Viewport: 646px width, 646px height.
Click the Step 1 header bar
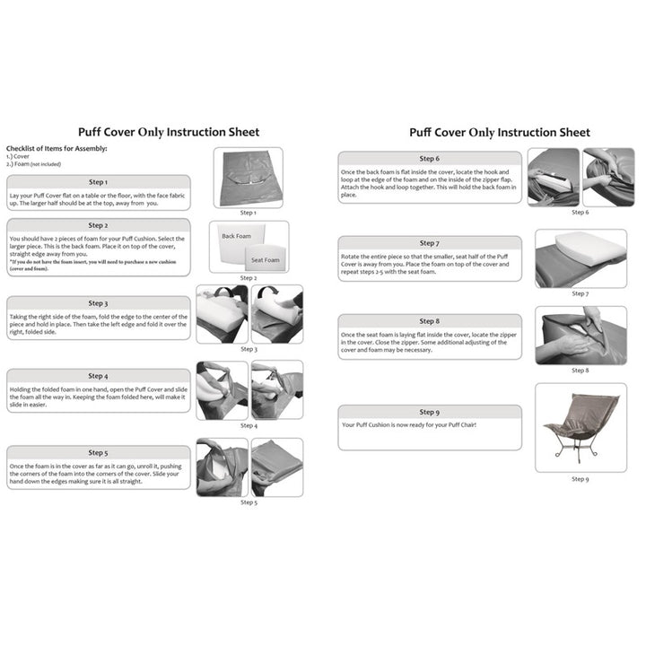[99, 182]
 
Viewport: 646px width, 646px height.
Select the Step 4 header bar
[99, 377]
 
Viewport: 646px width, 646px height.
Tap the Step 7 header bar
[430, 243]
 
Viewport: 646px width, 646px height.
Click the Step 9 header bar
[430, 413]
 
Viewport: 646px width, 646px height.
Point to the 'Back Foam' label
[237, 236]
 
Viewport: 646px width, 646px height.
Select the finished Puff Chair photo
[581, 427]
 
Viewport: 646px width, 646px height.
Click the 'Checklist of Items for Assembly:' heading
[57, 147]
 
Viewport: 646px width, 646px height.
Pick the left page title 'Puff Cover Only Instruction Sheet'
[169, 132]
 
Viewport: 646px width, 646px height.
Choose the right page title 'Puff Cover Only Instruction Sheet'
[500, 132]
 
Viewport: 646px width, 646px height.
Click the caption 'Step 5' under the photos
[249, 502]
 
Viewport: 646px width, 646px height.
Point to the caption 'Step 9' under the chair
[581, 479]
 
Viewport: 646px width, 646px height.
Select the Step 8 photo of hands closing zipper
[581, 336]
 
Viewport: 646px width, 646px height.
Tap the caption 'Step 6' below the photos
[581, 213]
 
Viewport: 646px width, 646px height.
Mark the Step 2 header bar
[99, 225]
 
